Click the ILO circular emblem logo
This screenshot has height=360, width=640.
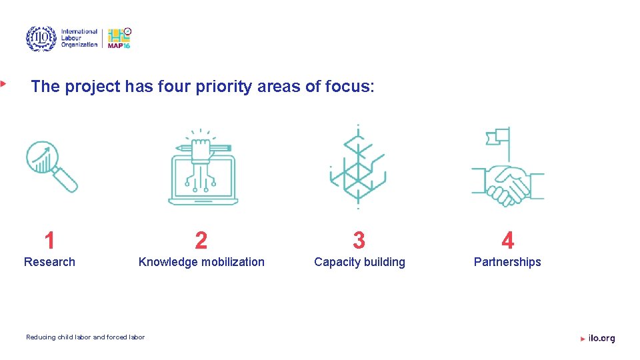click(41, 39)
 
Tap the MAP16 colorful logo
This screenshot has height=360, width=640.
click(119, 38)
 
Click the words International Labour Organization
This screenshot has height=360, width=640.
click(79, 38)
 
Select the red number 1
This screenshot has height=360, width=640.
click(49, 240)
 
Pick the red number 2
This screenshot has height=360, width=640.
click(201, 240)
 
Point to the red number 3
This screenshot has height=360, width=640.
click(359, 240)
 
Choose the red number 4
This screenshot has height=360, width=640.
click(507, 240)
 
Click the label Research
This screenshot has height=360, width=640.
click(49, 262)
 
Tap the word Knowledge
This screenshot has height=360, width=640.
click(169, 262)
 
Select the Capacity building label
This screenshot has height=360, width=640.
click(359, 262)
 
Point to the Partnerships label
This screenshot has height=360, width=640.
click(507, 262)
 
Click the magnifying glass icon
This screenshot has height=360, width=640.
click(51, 165)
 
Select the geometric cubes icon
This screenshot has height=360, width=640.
click(358, 167)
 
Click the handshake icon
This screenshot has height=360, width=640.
click(508, 184)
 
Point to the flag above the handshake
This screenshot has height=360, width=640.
click(499, 137)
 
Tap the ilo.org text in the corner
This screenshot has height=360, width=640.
click(601, 339)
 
